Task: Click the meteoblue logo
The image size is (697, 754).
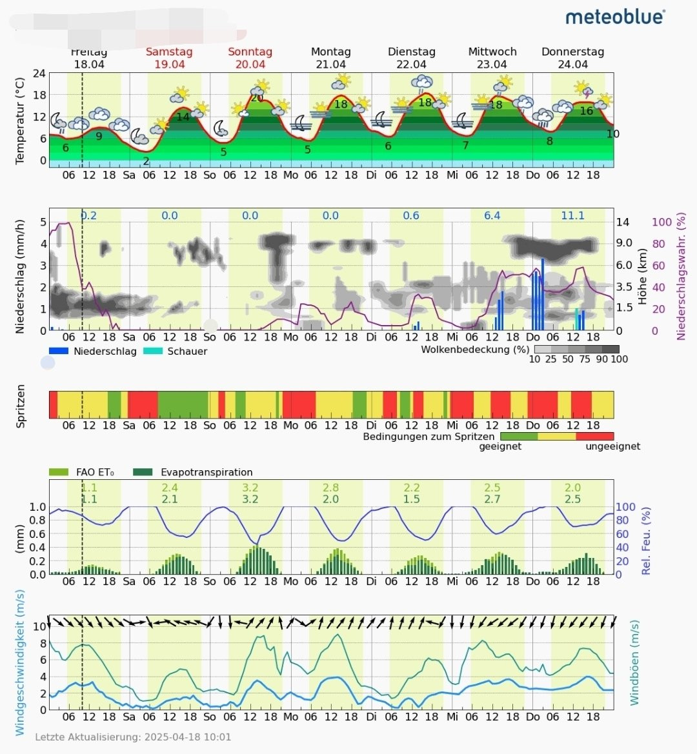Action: pyautogui.click(x=615, y=17)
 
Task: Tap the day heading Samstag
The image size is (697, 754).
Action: pyautogui.click(x=169, y=52)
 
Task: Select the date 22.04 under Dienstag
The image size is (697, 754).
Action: pyautogui.click(x=411, y=64)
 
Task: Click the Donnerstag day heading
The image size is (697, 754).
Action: pyautogui.click(x=572, y=52)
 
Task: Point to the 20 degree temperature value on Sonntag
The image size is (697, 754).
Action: pyautogui.click(x=257, y=98)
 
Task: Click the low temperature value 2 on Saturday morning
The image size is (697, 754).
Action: pyautogui.click(x=146, y=161)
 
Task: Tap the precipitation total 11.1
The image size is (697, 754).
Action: pyautogui.click(x=572, y=215)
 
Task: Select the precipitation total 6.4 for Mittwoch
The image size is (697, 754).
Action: pyautogui.click(x=492, y=215)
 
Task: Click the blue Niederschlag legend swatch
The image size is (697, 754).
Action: pyautogui.click(x=58, y=352)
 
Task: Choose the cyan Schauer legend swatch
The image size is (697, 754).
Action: pyautogui.click(x=152, y=352)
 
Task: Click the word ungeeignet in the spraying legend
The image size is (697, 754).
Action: pyautogui.click(x=612, y=446)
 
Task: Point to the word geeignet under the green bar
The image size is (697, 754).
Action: pyautogui.click(x=500, y=446)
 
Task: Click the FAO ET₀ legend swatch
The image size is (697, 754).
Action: pyautogui.click(x=58, y=472)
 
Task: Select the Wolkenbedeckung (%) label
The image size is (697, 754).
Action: pyautogui.click(x=475, y=350)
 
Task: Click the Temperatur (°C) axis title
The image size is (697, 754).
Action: pyautogui.click(x=20, y=121)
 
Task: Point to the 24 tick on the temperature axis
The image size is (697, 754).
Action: pyautogui.click(x=39, y=74)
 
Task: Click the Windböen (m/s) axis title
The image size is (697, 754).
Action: pyautogui.click(x=634, y=663)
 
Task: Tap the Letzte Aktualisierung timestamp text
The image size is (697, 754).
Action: pyautogui.click(x=133, y=737)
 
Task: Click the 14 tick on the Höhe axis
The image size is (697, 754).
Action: pyautogui.click(x=623, y=222)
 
